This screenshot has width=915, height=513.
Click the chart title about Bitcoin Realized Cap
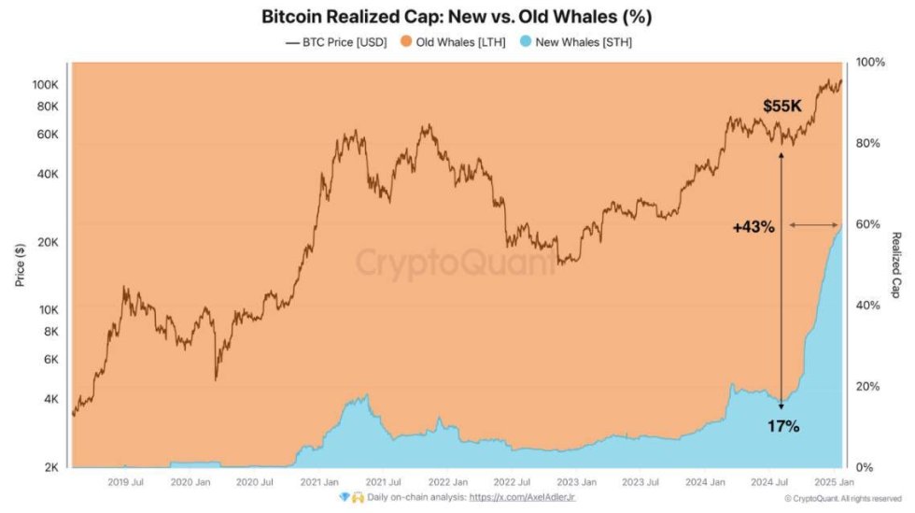[x=457, y=18]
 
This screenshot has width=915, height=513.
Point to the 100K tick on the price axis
[x=45, y=84]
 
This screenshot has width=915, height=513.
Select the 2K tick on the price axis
[x=50, y=467]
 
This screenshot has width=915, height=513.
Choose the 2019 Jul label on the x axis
[x=125, y=483]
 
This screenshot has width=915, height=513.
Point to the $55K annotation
[x=781, y=107]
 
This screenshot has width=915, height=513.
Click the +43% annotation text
[x=754, y=226]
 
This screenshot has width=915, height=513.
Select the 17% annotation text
[x=783, y=426]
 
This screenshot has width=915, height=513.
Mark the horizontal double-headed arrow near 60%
[x=815, y=225]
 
